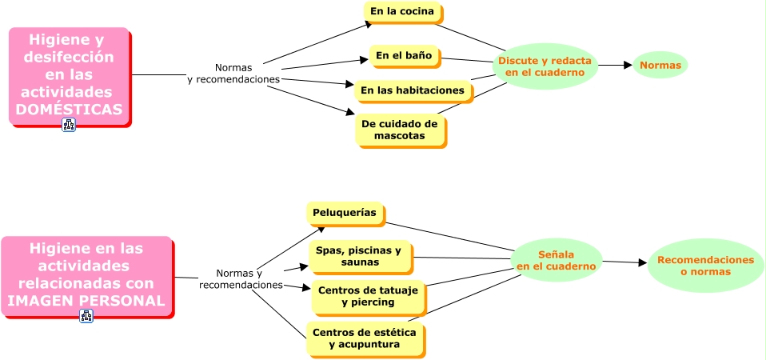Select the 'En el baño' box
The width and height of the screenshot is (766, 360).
pyautogui.click(x=404, y=56)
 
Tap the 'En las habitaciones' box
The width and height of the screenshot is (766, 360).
pyautogui.click(x=413, y=90)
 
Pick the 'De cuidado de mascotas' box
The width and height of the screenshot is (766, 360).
pyautogui.click(x=400, y=130)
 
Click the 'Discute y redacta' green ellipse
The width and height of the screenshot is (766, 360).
pyautogui.click(x=545, y=66)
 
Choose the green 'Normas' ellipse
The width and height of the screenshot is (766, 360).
pyautogui.click(x=660, y=65)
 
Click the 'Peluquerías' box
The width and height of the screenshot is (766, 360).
pyautogui.click(x=345, y=213)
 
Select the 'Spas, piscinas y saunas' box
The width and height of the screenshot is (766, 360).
pyautogui.click(x=359, y=257)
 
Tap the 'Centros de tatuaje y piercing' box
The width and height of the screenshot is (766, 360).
pyautogui.click(x=368, y=297)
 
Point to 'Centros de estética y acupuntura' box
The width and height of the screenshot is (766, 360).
pyautogui.click(x=365, y=338)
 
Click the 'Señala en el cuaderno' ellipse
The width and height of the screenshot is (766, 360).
pyautogui.click(x=556, y=260)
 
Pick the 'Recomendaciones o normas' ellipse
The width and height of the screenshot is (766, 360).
pyautogui.click(x=705, y=266)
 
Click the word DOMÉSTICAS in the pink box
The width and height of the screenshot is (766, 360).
pyautogui.click(x=70, y=109)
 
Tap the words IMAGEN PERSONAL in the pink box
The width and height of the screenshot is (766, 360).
pyautogui.click(x=86, y=301)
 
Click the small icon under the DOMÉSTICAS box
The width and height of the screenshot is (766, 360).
pyautogui.click(x=69, y=125)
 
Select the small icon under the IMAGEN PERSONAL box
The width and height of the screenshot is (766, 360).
pyautogui.click(x=86, y=316)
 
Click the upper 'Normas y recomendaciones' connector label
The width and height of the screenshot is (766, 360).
pyautogui.click(x=233, y=74)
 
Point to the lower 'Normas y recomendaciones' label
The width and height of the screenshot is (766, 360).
pyautogui.click(x=240, y=279)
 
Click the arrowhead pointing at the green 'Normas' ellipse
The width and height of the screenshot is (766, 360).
pyautogui.click(x=628, y=65)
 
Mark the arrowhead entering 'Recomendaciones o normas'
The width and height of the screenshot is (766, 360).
pyautogui.click(x=642, y=262)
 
